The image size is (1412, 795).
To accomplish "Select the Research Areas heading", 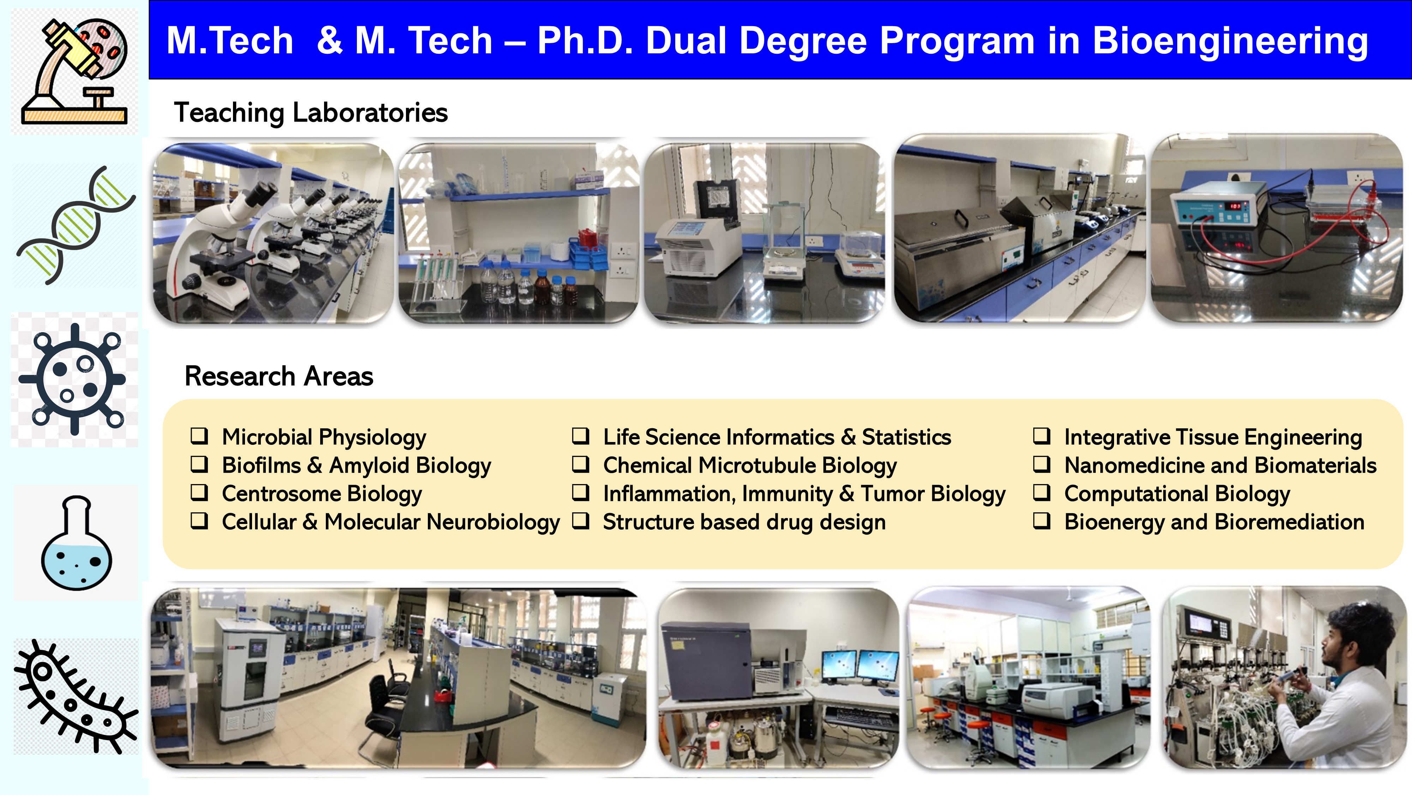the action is pos(279,376).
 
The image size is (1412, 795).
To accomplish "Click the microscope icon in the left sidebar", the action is pos(74,71).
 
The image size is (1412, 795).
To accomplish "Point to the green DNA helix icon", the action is pos(76,225).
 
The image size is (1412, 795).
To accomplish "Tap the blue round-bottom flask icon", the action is pos(77,543).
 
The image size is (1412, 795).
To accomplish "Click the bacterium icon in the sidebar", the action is pos(76,697).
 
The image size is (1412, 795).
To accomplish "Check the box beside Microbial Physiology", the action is pos(199,436).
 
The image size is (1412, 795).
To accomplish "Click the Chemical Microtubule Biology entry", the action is pos(750,466).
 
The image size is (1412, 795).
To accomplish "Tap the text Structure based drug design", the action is pos(744,522).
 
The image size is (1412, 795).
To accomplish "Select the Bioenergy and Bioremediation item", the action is pos(1214,522).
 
